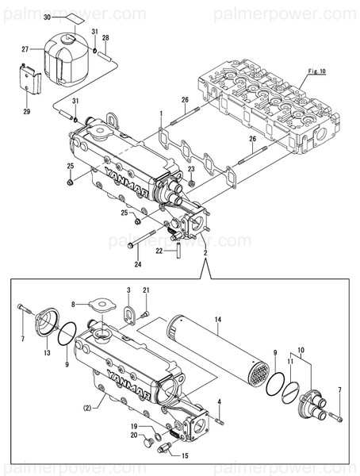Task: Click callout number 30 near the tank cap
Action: (x=46, y=17)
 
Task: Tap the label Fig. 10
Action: (x=316, y=72)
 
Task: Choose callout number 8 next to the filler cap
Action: (x=73, y=304)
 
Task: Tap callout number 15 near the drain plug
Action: (x=185, y=455)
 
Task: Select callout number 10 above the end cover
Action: (x=301, y=350)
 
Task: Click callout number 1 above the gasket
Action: (x=160, y=113)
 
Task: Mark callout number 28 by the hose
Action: (x=106, y=38)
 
